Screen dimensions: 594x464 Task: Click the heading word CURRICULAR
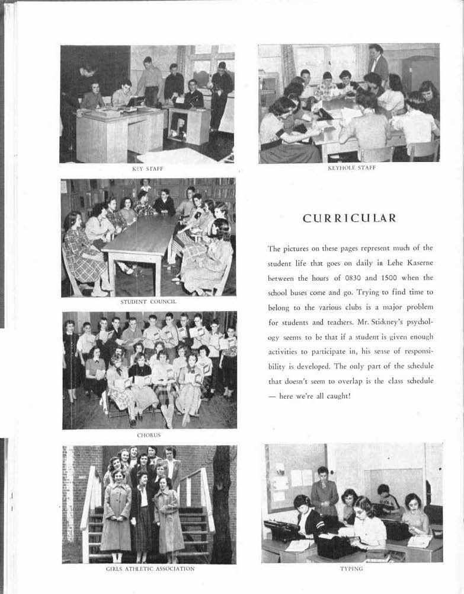click(349, 218)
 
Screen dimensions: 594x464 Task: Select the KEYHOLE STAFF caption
click(351, 168)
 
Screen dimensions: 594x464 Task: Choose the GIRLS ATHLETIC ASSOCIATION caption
click(149, 568)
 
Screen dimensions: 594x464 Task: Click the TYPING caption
click(352, 568)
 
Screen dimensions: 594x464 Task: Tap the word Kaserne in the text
click(418, 262)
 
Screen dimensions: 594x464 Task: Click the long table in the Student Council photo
click(140, 240)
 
